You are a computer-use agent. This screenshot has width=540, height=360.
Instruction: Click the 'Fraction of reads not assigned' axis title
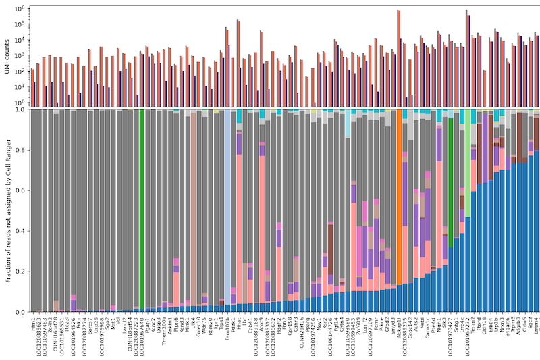7,210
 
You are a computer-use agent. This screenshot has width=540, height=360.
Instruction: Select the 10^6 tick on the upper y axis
20,9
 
